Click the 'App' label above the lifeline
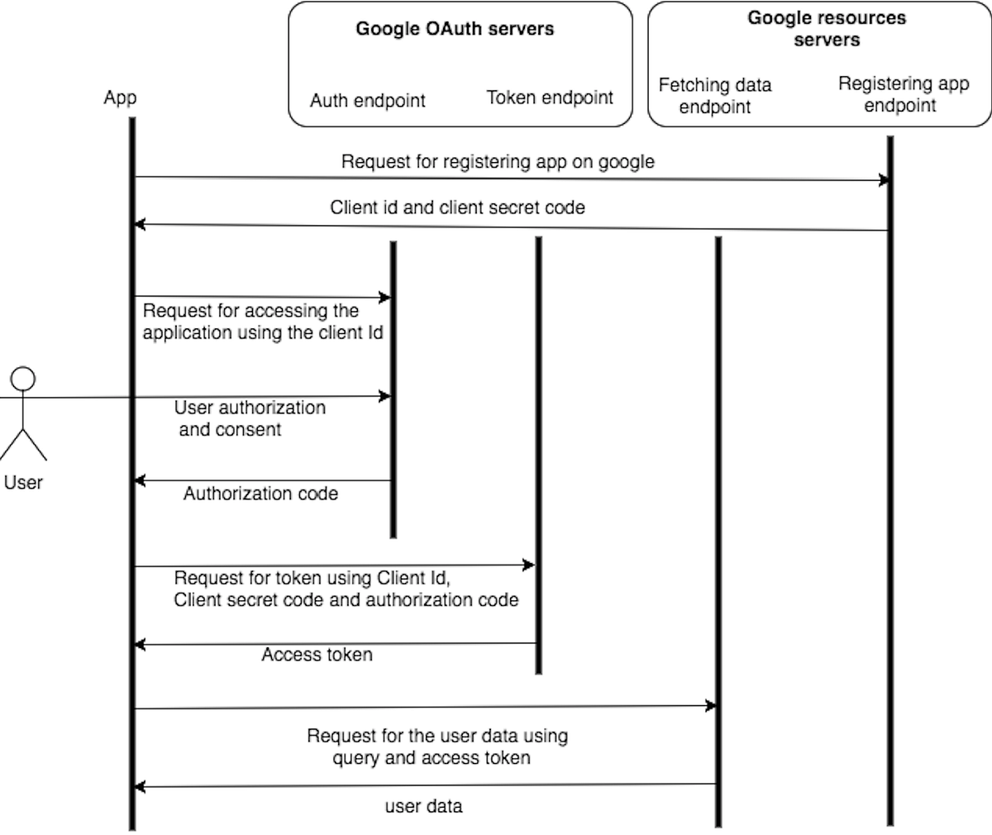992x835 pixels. [120, 98]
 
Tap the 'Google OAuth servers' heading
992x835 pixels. [455, 29]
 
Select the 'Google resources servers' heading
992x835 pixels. [826, 29]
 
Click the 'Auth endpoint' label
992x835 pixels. [367, 101]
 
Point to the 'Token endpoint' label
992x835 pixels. [550, 98]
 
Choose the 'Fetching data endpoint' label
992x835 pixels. [714, 96]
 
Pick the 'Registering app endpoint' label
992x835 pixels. [903, 94]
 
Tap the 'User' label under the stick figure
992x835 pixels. [23, 483]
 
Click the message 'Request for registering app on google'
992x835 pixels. [498, 162]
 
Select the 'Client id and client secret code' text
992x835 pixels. [457, 208]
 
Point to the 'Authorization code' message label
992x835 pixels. [260, 494]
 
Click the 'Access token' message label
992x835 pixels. [317, 655]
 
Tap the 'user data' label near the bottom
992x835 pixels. [423, 806]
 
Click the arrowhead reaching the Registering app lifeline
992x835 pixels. [885, 180]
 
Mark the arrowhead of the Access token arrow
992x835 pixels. [140, 644]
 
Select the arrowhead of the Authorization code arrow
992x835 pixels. [140, 480]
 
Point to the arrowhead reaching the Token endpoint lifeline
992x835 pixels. [530, 565]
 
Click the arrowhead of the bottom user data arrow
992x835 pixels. [140, 785]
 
